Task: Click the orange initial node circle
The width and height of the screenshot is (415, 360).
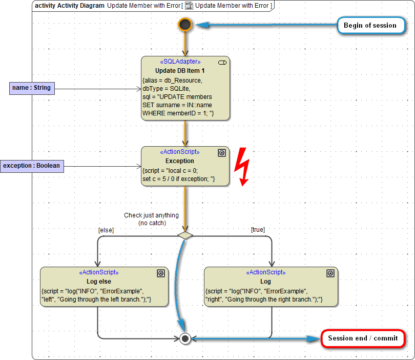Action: (x=185, y=24)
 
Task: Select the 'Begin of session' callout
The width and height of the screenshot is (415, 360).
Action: (x=370, y=25)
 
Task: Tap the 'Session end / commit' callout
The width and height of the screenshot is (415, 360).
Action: (x=363, y=338)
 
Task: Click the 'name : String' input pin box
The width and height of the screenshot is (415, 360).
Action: (x=32, y=88)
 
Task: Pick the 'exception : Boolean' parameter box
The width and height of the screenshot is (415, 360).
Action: (x=32, y=166)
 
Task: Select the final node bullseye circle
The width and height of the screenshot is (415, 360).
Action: (x=185, y=338)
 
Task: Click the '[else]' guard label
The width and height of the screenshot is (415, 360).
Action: (x=106, y=230)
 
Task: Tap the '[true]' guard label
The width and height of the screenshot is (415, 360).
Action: (x=258, y=230)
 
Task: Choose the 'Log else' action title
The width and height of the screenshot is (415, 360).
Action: (x=99, y=281)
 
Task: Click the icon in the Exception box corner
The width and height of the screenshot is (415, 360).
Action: (x=222, y=152)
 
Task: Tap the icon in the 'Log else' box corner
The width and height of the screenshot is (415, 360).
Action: (x=160, y=273)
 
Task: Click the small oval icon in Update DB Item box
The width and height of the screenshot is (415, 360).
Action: (x=222, y=62)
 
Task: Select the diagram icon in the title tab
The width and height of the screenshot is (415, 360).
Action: (x=189, y=5)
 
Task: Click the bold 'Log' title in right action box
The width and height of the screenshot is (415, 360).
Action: (x=265, y=281)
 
